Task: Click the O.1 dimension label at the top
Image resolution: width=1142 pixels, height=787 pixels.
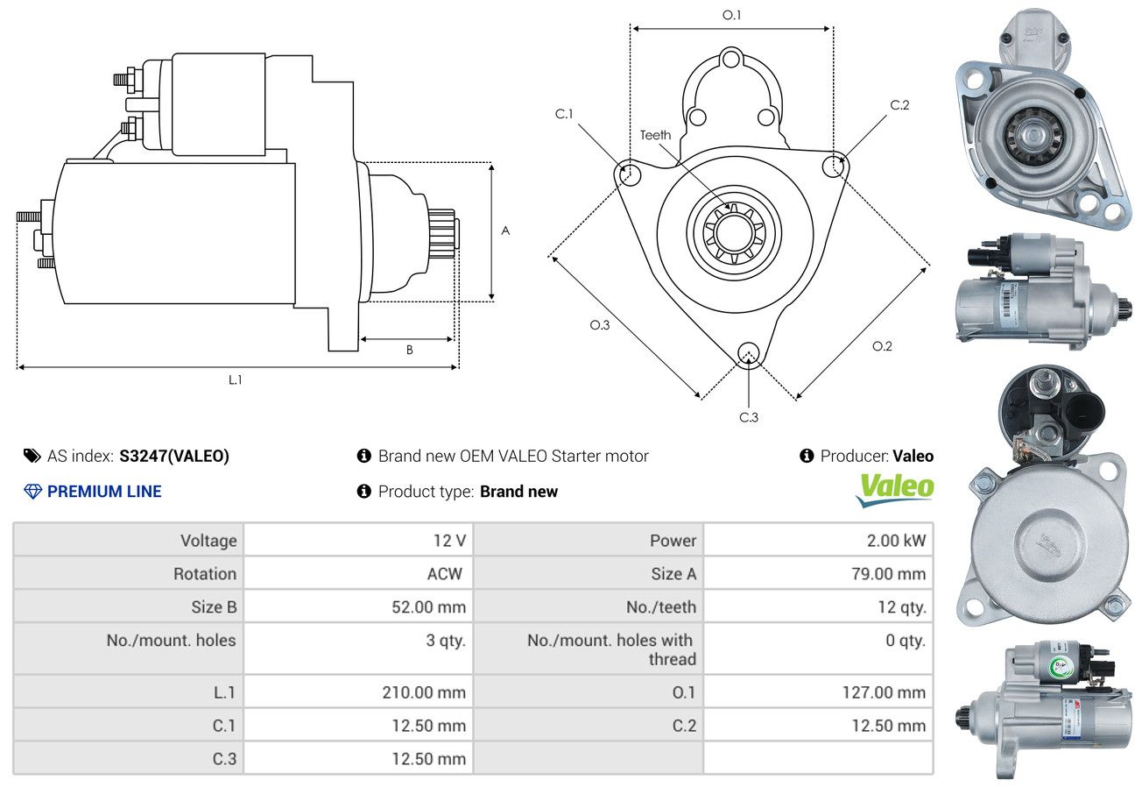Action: click(x=731, y=15)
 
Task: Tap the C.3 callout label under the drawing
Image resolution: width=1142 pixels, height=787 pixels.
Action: click(x=749, y=417)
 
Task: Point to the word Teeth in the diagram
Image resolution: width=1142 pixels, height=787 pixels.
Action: click(x=655, y=135)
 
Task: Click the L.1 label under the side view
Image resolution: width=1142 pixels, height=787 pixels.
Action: click(x=235, y=379)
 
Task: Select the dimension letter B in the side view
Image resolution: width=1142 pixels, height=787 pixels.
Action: click(x=409, y=350)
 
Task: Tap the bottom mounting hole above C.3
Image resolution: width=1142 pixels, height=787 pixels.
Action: click(x=748, y=353)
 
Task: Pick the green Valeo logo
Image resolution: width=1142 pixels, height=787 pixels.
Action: click(x=894, y=490)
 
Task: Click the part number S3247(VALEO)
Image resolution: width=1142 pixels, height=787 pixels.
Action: click(x=174, y=456)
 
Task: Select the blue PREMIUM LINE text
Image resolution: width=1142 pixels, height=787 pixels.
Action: click(x=104, y=491)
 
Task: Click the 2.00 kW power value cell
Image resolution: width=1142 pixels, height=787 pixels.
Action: click(x=896, y=541)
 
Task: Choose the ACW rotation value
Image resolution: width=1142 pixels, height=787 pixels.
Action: click(x=445, y=574)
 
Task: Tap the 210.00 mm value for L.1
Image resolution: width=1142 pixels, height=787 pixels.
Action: click(x=424, y=692)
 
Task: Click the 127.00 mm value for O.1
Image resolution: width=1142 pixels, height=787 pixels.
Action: click(x=884, y=692)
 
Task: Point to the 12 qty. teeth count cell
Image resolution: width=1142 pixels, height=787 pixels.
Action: click(x=901, y=607)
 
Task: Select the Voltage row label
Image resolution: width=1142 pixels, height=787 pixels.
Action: click(x=208, y=541)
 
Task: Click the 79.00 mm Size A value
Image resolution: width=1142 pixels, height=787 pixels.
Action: click(x=888, y=574)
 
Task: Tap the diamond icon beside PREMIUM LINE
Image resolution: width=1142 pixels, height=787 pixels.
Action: click(x=32, y=492)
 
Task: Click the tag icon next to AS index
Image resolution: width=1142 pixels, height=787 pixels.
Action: click(x=32, y=456)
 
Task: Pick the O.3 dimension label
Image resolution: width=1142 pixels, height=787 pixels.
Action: click(x=600, y=325)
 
